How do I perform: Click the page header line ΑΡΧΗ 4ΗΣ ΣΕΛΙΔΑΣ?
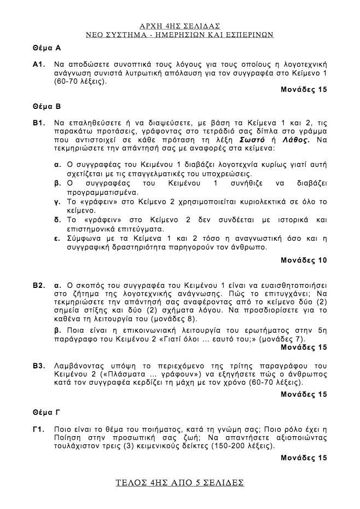(179, 25)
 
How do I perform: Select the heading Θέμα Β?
(46, 106)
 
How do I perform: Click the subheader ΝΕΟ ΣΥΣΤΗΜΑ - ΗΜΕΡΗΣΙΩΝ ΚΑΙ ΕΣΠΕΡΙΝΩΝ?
(179, 34)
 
